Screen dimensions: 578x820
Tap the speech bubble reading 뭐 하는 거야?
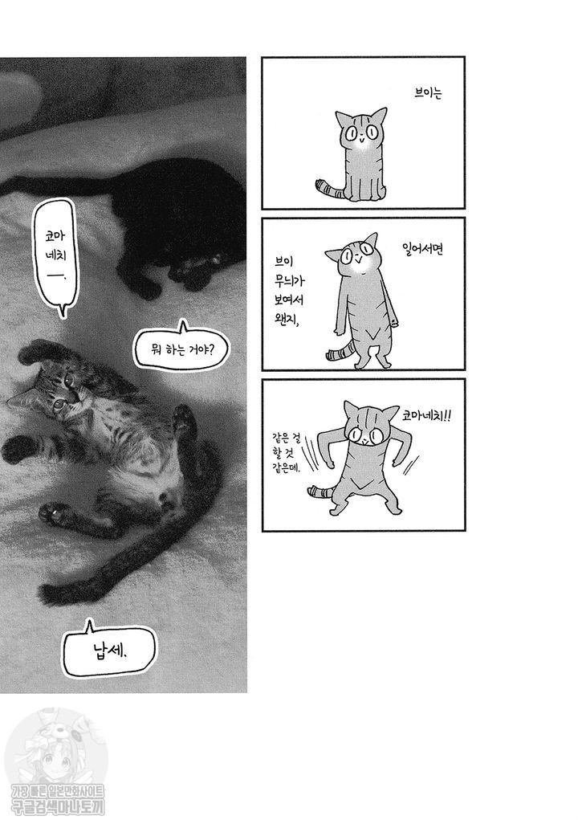[x=181, y=348]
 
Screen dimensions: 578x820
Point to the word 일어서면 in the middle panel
[x=423, y=248]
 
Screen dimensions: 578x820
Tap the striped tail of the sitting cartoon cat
[x=328, y=190]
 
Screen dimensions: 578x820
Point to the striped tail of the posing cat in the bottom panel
[x=324, y=491]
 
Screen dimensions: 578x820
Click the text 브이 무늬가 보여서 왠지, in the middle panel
[x=288, y=291]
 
